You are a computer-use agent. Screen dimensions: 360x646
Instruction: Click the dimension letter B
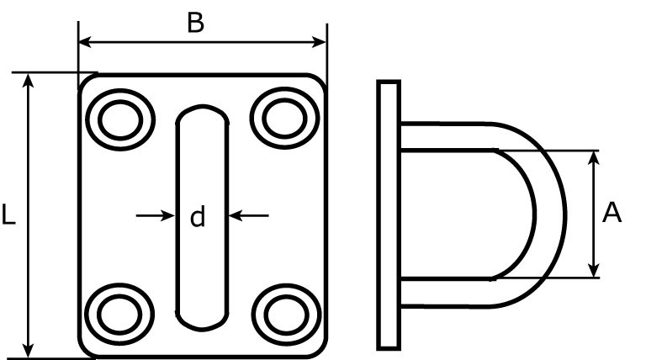pyautogui.click(x=195, y=23)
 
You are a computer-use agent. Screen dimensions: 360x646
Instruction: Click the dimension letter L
pyautogui.click(x=8, y=216)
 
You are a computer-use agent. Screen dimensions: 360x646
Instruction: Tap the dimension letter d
pyautogui.click(x=198, y=218)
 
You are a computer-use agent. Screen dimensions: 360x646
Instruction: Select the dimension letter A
pyautogui.click(x=612, y=214)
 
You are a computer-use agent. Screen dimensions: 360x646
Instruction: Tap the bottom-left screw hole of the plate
pyautogui.click(x=119, y=313)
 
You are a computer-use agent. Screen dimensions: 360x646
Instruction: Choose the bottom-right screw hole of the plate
pyautogui.click(x=283, y=313)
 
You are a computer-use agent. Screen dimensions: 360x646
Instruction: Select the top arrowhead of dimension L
pyautogui.click(x=29, y=80)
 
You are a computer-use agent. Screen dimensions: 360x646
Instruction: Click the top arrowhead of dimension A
pyautogui.click(x=595, y=157)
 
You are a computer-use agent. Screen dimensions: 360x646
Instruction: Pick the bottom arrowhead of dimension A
pyautogui.click(x=595, y=270)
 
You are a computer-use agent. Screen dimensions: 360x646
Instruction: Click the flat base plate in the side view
pyautogui.click(x=388, y=214)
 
